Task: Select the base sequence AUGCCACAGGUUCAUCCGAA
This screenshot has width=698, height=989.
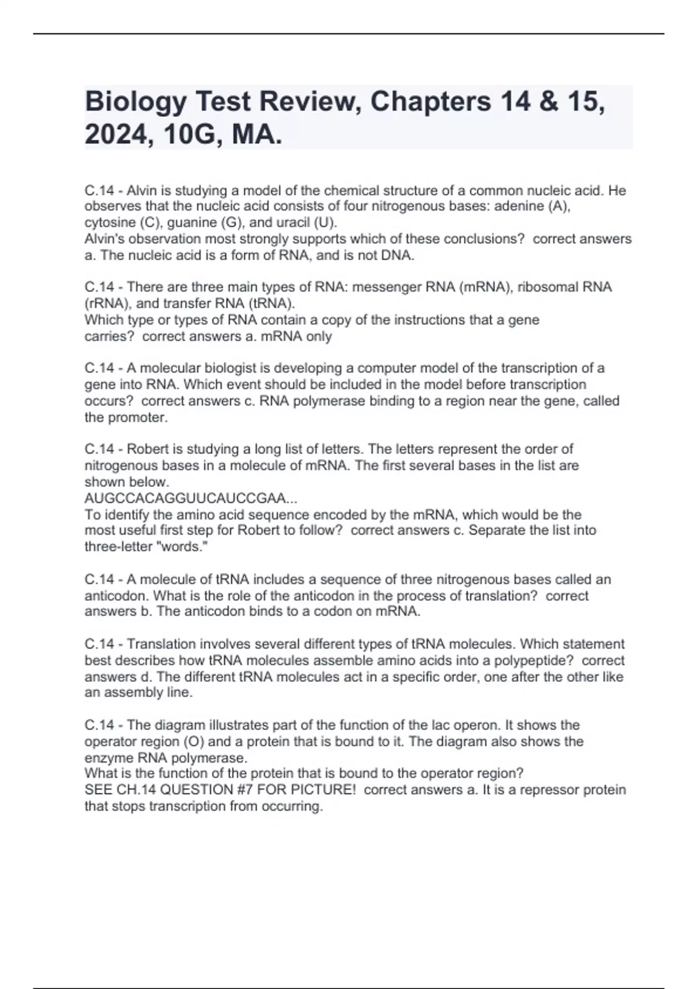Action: pos(186,499)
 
